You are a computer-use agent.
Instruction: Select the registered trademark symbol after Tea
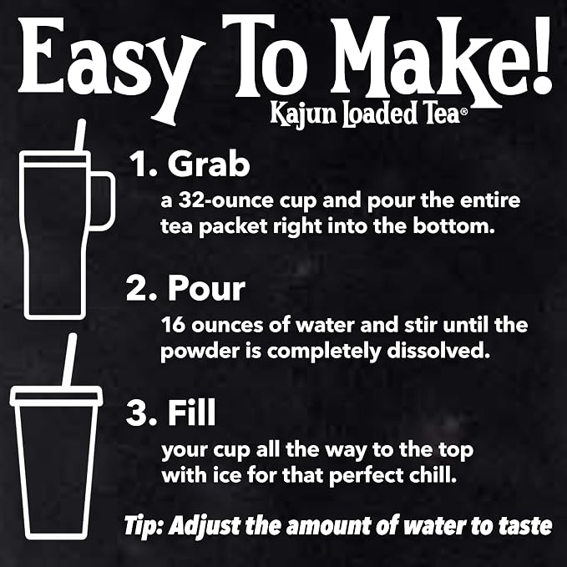(463, 112)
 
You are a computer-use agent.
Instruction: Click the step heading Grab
(209, 164)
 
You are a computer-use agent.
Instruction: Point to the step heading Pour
(206, 288)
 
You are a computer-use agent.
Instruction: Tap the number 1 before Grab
(139, 164)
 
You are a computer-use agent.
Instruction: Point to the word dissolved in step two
(438, 350)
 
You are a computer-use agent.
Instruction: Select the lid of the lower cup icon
(56, 395)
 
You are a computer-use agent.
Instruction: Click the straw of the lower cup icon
(69, 360)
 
